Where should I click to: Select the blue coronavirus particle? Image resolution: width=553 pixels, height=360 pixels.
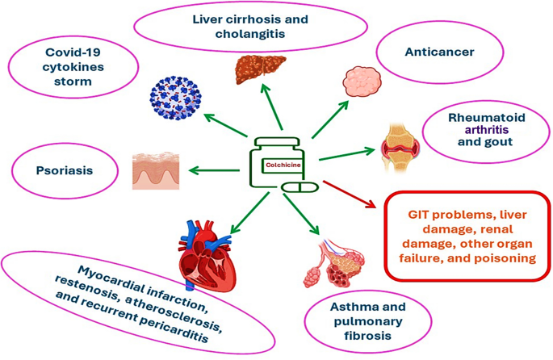pos(177,96)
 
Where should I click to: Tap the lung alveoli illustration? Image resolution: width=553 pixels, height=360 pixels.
pos(336,257)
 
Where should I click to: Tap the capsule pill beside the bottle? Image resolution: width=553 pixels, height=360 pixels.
pos(298,188)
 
